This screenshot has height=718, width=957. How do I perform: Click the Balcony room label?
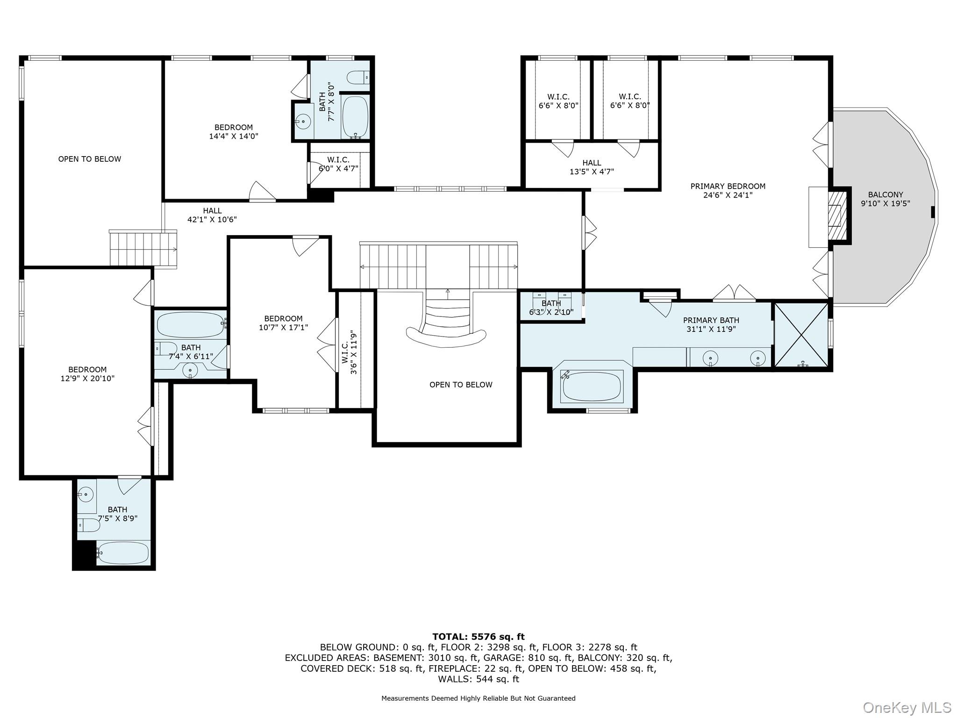point(885,199)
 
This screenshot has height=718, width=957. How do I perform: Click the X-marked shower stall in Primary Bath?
point(801,335)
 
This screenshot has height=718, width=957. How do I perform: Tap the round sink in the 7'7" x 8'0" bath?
point(303,122)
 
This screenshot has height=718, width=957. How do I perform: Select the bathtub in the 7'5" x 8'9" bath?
point(123,553)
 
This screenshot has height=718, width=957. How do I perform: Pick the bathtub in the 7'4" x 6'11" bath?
point(190,324)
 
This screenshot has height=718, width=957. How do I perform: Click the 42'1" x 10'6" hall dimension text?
point(212,220)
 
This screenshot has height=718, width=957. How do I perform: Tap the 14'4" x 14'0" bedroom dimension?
point(234,136)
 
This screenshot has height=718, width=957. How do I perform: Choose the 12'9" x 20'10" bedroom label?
point(87,374)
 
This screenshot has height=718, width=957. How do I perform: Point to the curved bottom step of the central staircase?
point(446,337)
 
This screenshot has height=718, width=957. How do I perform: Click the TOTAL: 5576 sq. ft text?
point(478,637)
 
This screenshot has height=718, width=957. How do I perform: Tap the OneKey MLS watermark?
point(907,708)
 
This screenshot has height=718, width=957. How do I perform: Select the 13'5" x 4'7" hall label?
point(592,167)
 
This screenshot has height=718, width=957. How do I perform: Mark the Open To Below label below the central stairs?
point(461,385)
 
